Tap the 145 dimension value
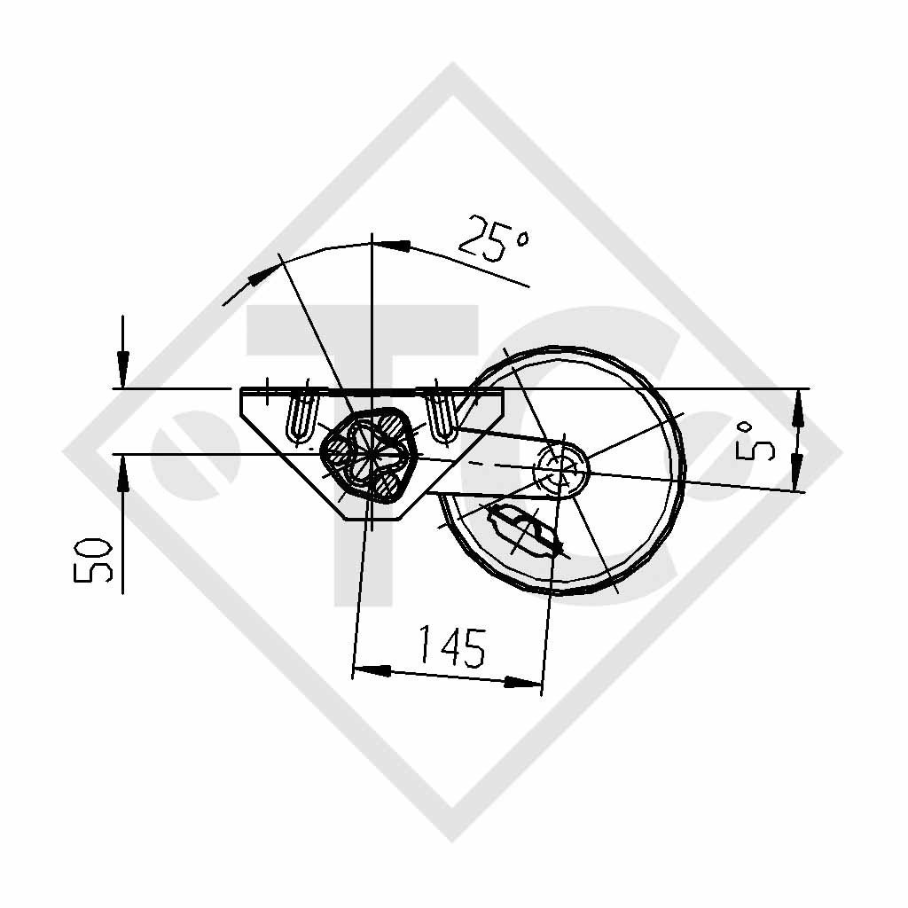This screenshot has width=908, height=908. pos(451,647)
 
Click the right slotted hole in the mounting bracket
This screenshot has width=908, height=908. pos(441,413)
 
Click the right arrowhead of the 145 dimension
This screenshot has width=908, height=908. pos(524,682)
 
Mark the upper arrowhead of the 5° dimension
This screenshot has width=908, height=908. pos(797,409)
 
